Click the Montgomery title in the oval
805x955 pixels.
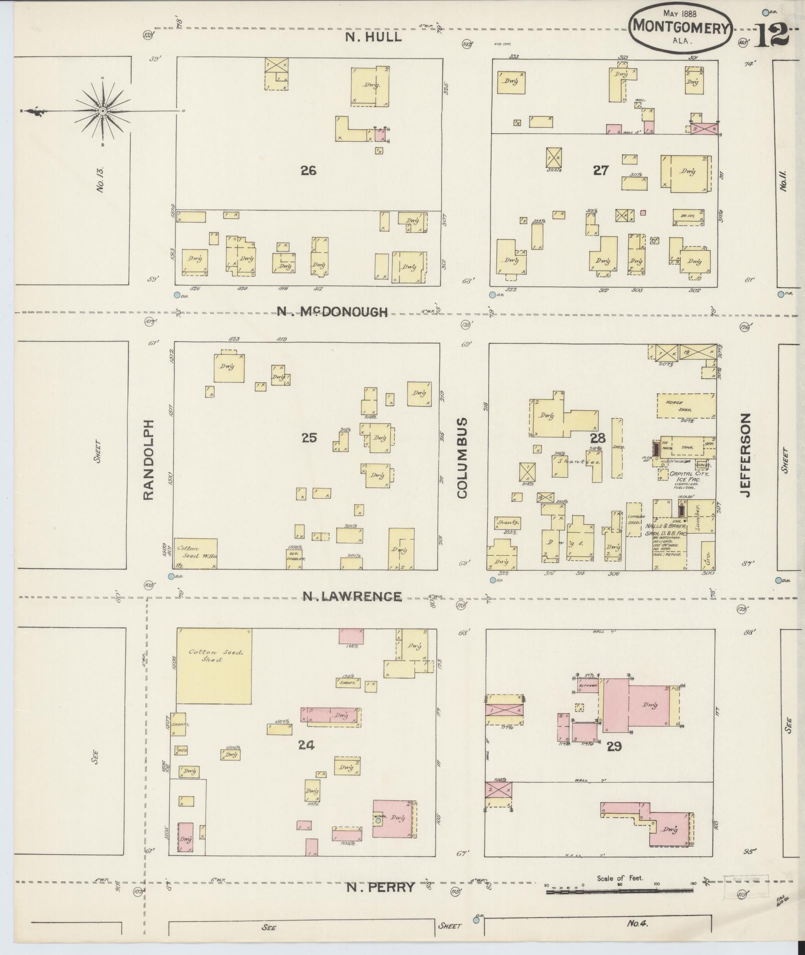(681, 28)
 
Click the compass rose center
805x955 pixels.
(102, 110)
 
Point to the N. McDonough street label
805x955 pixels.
(332, 312)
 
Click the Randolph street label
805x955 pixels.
(148, 459)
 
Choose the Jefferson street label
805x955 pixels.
(746, 454)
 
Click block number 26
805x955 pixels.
(308, 171)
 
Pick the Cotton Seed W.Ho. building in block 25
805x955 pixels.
(195, 553)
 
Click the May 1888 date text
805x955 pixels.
(681, 14)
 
